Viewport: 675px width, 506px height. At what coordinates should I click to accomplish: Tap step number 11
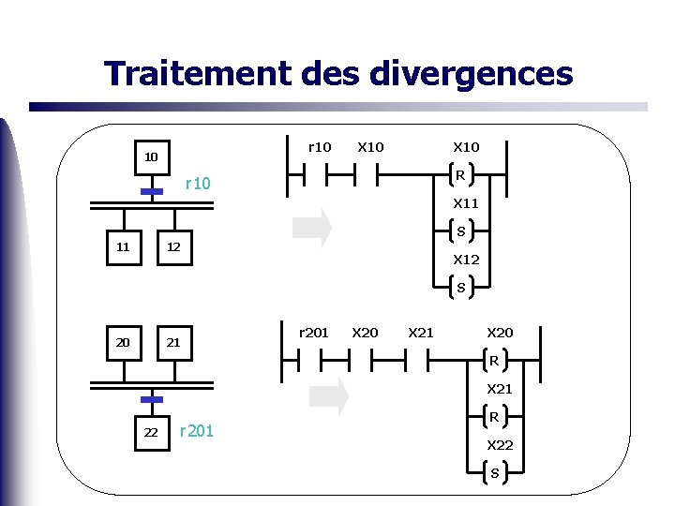point(123,247)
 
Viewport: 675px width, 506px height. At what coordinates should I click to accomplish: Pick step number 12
point(173,247)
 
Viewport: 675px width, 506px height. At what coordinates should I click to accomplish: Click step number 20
point(123,342)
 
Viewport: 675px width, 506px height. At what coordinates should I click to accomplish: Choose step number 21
point(173,342)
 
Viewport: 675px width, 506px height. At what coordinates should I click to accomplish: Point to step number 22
point(150,431)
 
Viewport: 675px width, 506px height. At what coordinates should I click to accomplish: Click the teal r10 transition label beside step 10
point(198,184)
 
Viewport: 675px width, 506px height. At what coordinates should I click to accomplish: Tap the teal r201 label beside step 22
point(197,431)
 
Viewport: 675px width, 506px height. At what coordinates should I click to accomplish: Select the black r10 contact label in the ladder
point(320,147)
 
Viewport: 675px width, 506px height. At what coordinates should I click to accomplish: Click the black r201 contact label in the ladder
point(313,332)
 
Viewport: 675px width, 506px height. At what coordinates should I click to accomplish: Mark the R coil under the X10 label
point(460,174)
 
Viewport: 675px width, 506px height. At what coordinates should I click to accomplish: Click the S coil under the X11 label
point(460,231)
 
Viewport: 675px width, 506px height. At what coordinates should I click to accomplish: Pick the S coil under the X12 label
point(460,288)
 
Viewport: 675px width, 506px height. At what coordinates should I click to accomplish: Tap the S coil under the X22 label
point(494,473)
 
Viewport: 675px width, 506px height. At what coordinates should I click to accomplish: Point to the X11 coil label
point(466,203)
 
